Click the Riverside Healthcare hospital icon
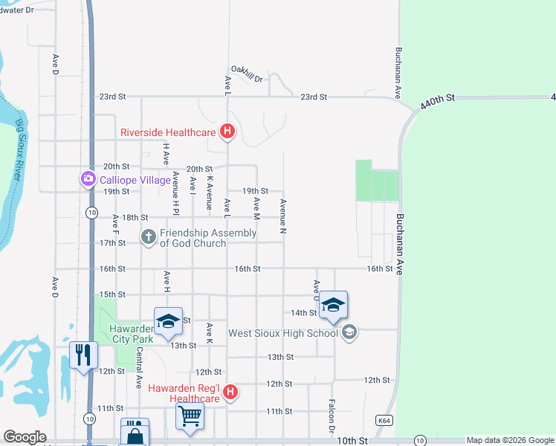pos(228,133)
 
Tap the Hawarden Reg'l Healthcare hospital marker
pos(230,392)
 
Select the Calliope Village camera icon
pos(88,178)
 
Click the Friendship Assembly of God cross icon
pos(149,237)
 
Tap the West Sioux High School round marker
pos(349,332)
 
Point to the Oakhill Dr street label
pos(248,70)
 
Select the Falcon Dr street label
pos(332,416)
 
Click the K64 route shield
pos(384,421)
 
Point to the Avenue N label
pos(282,215)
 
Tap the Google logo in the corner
pos(25,437)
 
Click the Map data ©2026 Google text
pos(510,440)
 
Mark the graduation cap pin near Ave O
pos(334,304)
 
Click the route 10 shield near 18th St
pos(91,213)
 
